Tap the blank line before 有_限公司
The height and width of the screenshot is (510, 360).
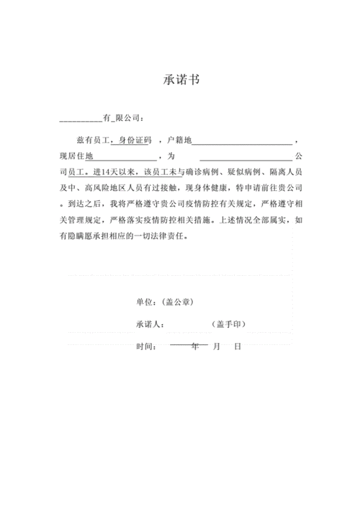pos(81,119)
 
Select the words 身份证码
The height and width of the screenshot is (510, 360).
pos(135,138)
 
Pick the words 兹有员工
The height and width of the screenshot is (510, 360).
pos(90,138)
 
